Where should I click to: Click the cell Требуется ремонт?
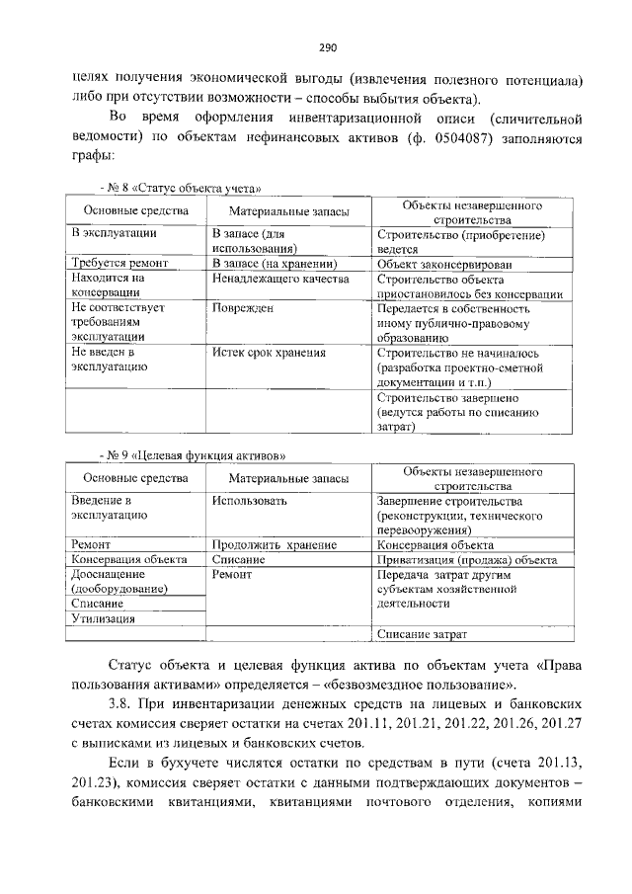pos(119,264)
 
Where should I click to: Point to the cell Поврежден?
pos(242,308)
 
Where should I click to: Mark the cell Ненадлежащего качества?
pos(280,280)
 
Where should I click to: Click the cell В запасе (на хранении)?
pos(276,264)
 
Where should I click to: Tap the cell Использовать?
pos(249,501)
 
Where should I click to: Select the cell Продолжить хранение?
pos(275,544)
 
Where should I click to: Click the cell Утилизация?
pos(102,618)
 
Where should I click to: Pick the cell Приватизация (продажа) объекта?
pos(466,559)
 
